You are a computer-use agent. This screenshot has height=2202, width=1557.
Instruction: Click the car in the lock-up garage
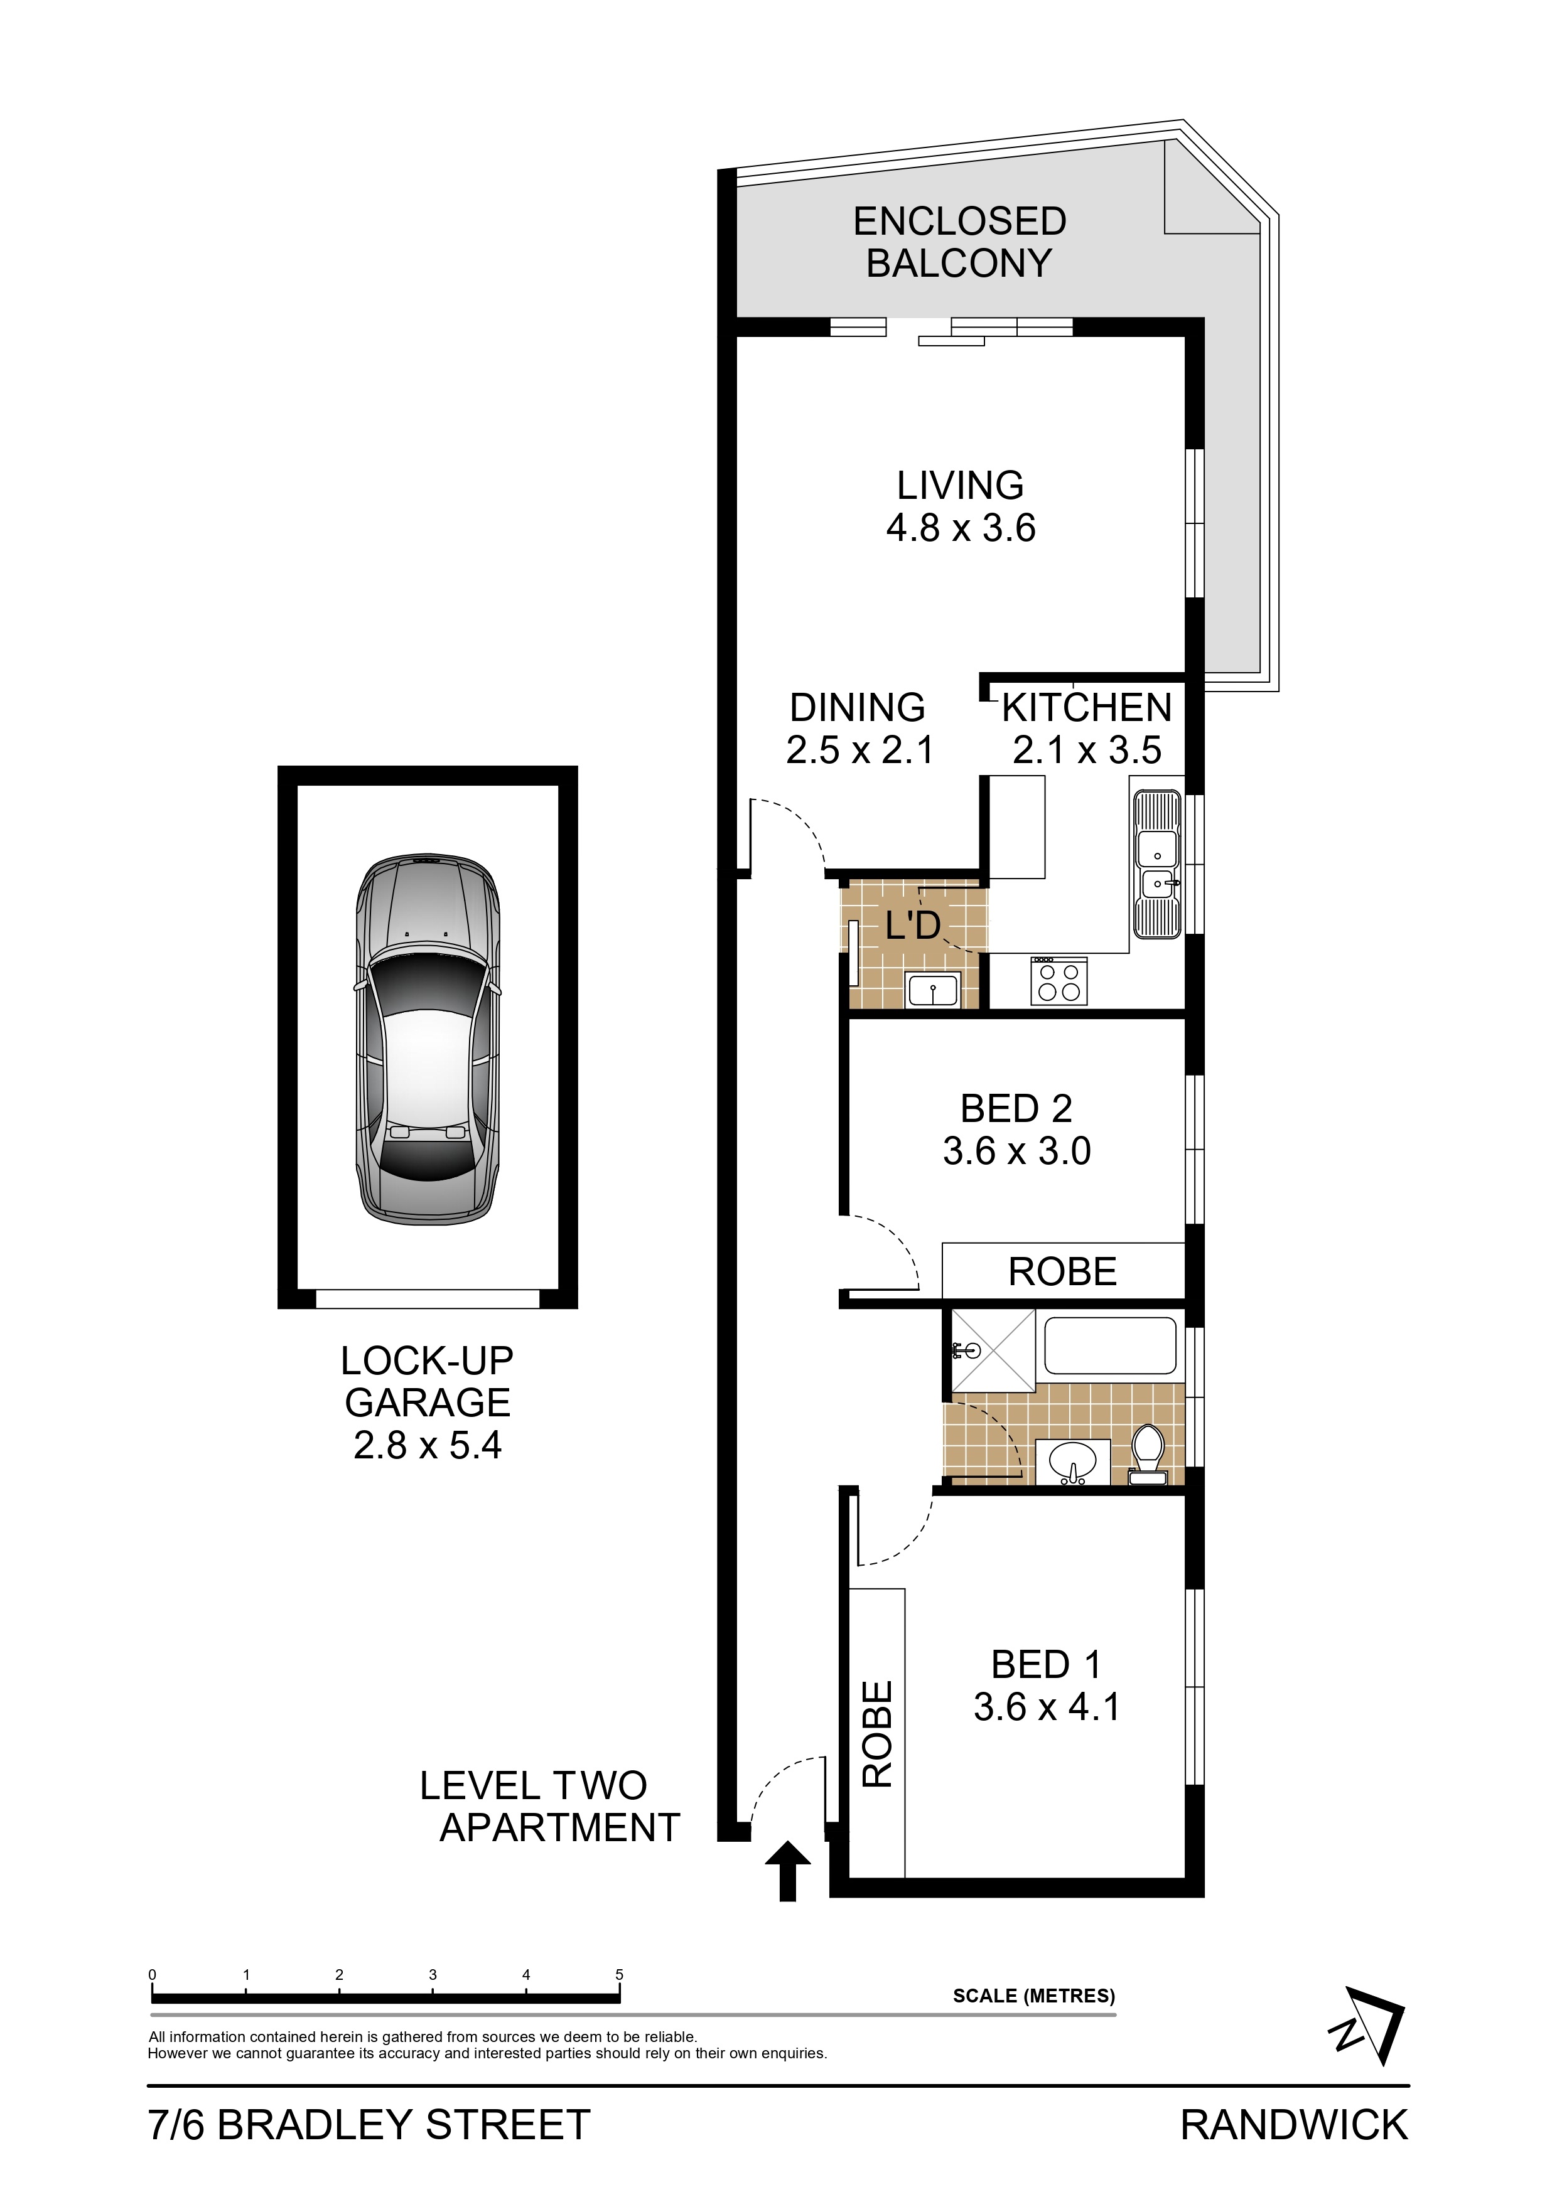[428, 1040]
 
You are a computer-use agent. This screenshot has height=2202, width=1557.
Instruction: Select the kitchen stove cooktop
[1059, 980]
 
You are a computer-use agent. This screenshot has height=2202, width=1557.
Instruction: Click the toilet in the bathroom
[1148, 1457]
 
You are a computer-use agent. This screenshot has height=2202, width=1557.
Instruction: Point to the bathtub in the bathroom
[1110, 1347]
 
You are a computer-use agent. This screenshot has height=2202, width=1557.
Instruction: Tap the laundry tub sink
[932, 989]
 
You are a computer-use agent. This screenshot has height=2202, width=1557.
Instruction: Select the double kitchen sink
[1157, 865]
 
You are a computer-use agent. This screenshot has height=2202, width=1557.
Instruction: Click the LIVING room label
[961, 485]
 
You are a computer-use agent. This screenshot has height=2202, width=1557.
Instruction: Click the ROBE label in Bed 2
[1063, 1272]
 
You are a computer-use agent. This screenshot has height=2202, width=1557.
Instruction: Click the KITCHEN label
[1087, 708]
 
